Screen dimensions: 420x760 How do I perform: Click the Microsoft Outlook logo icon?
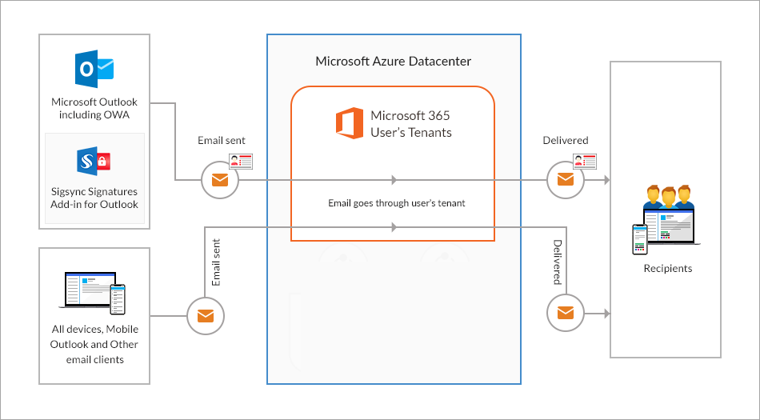coord(94,69)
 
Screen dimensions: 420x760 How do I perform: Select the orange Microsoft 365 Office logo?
coord(349,123)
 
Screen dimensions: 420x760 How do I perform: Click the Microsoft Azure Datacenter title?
coord(393,61)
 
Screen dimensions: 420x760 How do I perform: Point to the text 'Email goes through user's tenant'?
coord(396,202)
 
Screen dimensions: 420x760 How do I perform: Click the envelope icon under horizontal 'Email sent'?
coord(219,179)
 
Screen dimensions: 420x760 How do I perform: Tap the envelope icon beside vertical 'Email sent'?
coord(206,315)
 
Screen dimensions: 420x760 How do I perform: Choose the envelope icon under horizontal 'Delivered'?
coord(566,179)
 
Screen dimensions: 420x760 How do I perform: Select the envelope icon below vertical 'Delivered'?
coord(566,312)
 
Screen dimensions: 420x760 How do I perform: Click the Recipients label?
coord(667,268)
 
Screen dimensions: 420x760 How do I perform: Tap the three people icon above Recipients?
coord(667,198)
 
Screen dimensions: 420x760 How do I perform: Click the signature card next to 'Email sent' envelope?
coord(241,162)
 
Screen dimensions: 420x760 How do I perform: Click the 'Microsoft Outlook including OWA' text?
coord(94,108)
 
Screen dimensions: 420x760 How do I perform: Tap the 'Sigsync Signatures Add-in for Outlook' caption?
coord(94,198)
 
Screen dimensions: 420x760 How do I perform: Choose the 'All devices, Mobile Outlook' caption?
coord(94,344)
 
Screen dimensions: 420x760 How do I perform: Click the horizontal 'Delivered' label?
coord(565,140)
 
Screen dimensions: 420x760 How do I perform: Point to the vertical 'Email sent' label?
coord(216,262)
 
